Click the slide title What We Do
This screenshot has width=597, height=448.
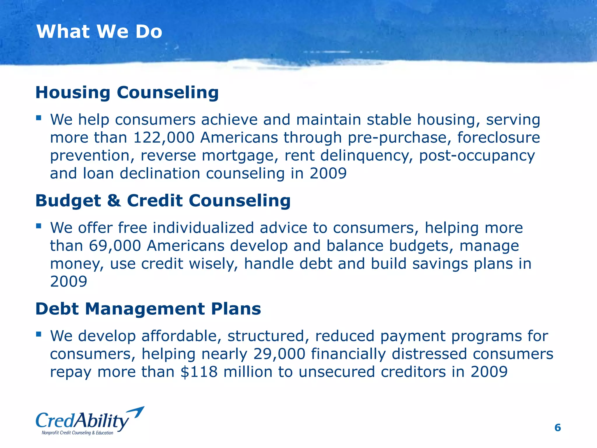coord(99,32)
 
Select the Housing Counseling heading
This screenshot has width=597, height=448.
coord(127,92)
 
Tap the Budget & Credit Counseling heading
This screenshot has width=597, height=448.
coord(163,201)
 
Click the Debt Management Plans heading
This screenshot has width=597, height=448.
coord(148,309)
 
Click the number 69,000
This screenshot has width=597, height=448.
coord(115,246)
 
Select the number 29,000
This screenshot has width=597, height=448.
coord(279,354)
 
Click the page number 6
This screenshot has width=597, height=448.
coord(557,428)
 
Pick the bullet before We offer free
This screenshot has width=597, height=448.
coord(38,226)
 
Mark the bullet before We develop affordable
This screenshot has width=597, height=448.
coord(38,334)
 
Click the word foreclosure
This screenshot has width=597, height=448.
coord(498,138)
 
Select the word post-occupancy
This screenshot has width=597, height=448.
coord(477,156)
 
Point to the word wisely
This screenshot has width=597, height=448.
coord(214,264)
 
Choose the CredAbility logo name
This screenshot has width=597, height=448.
coord(82,421)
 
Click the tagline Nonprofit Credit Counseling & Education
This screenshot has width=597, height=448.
coord(77,433)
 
